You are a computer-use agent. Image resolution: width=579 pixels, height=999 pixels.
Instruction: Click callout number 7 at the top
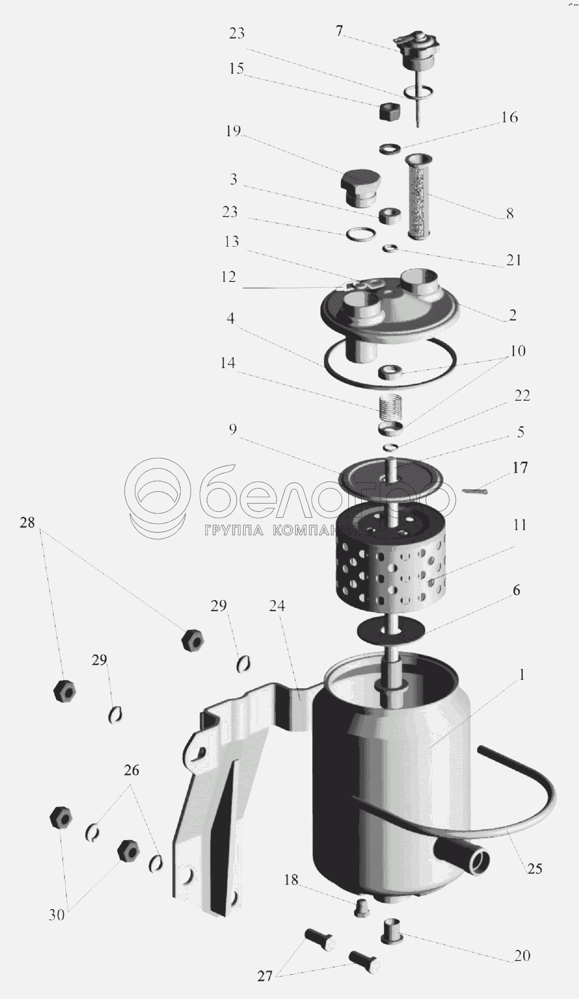click(339, 32)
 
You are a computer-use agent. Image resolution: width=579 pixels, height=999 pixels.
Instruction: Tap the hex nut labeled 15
click(388, 111)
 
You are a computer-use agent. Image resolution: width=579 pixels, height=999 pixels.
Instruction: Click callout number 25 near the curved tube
click(534, 868)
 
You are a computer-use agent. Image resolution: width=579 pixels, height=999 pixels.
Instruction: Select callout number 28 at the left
click(27, 523)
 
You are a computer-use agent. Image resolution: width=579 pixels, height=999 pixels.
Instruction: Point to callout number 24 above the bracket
click(277, 606)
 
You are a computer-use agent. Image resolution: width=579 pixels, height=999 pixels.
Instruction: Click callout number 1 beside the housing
click(521, 675)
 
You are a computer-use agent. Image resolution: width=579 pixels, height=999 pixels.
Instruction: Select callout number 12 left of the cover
click(229, 277)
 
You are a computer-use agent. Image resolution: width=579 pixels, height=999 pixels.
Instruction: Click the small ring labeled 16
click(390, 148)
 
